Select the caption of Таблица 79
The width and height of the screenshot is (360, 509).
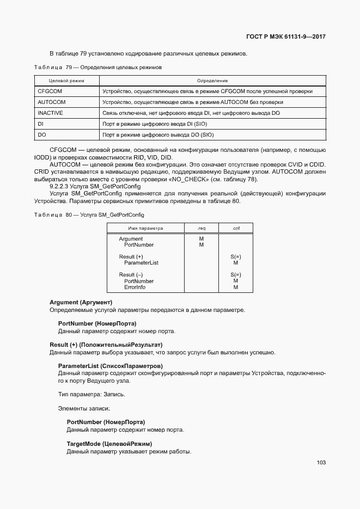[98, 68]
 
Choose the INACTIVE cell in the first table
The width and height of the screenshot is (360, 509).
[51, 113]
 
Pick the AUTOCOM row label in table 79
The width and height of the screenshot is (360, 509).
[51, 102]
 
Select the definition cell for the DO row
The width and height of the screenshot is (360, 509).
[158, 134]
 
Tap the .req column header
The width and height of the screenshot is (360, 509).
[201, 228]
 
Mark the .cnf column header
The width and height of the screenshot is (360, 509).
[235, 228]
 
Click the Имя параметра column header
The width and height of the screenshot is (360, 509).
[145, 228]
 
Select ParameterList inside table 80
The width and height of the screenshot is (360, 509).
[141, 263]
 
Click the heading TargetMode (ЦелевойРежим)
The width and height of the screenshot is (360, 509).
[109, 444]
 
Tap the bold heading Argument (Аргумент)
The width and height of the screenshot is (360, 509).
[81, 302]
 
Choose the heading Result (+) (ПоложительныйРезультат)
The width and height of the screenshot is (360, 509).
[106, 345]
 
